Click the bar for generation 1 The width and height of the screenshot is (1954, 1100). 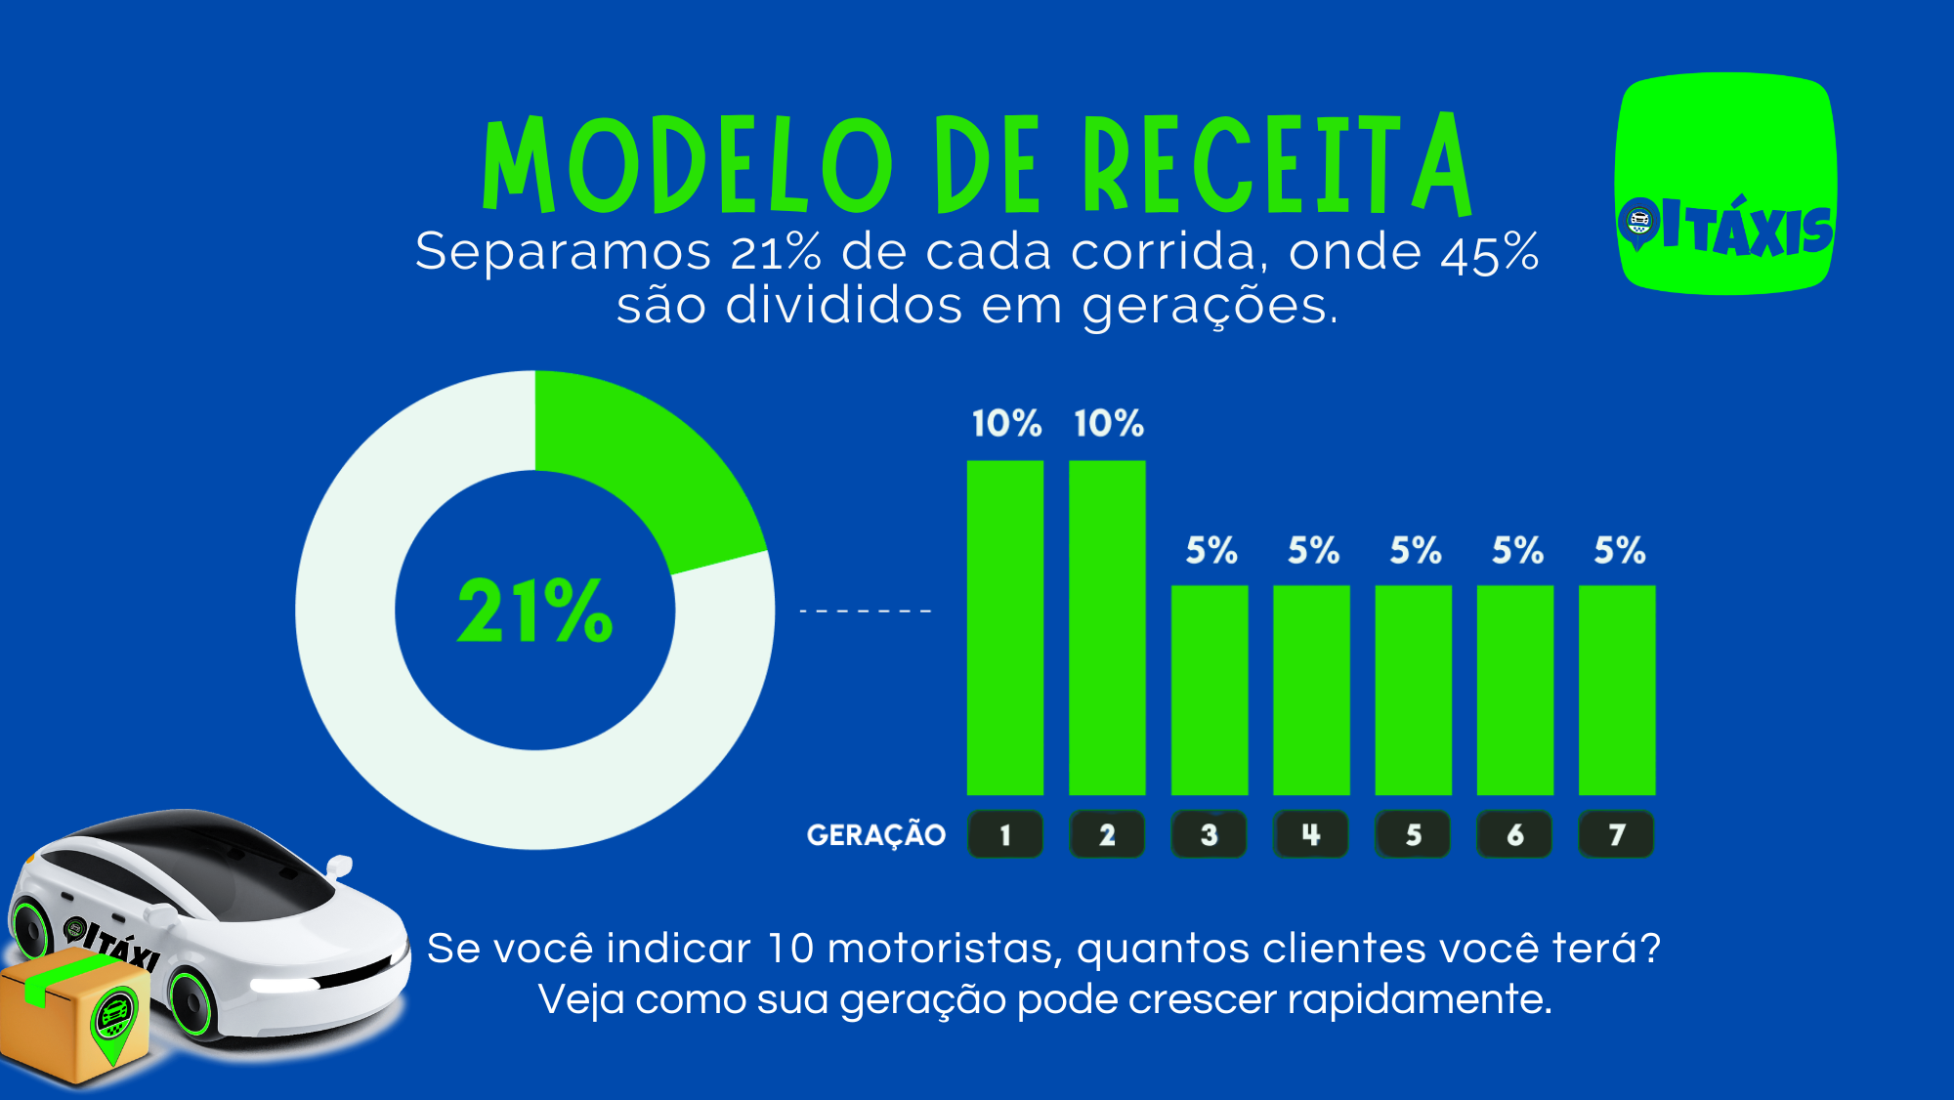coord(1004,627)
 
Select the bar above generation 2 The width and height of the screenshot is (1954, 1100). coord(1107,627)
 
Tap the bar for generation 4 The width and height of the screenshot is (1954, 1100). coord(1311,690)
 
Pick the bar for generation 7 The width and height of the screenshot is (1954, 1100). coord(1617,690)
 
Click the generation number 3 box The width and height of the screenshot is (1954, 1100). coord(1209,835)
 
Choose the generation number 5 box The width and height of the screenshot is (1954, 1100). coord(1413,835)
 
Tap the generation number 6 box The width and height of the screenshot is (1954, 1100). coord(1514,835)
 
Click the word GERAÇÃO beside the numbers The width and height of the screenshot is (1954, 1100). coord(876,835)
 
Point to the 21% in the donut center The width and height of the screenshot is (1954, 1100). coord(534,612)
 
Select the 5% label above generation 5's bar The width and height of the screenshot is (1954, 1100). coord(1416,551)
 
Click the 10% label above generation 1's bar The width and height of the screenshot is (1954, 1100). coord(1006,424)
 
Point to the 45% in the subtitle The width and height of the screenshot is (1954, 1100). coord(1490,252)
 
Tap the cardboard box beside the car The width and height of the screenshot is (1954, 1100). coord(73,1016)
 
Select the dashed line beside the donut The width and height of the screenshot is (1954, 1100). coord(866,612)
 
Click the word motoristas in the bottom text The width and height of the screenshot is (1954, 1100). coord(944,949)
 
